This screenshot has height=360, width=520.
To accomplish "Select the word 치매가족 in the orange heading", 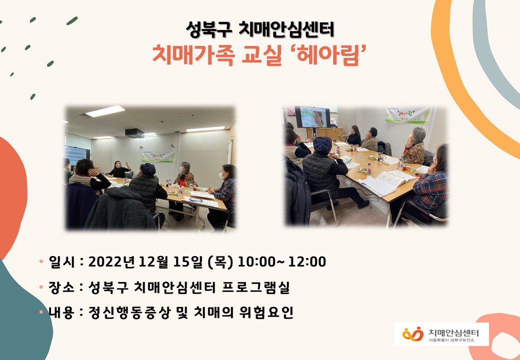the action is point(193,55).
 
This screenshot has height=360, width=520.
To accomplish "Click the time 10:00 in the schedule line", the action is point(256,262).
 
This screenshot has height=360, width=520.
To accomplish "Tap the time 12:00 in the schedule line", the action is point(307,262).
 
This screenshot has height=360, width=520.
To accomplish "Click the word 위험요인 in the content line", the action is point(266,312).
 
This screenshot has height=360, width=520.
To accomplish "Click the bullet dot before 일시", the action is point(41,261).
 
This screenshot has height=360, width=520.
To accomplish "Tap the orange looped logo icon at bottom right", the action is point(413,334).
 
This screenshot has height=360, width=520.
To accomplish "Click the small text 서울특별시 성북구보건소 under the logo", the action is point(451,340).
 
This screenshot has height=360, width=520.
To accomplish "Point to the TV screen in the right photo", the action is point(312,117).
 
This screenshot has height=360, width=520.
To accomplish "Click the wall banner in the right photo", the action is point(408,114).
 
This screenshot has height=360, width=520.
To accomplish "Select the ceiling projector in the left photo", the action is point(134,133).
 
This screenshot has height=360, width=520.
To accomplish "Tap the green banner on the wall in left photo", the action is point(159,156).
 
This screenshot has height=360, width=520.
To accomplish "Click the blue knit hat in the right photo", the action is point(322,145).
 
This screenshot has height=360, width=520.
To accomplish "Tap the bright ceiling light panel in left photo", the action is point(105,111).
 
